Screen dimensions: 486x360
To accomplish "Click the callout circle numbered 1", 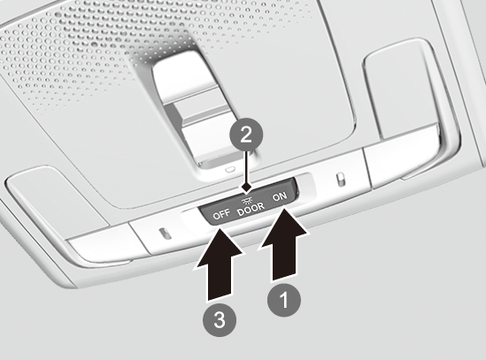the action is click(x=284, y=300).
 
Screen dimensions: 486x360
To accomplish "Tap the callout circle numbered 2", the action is click(x=246, y=135).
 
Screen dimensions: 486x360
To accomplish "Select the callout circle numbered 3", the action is click(x=220, y=319).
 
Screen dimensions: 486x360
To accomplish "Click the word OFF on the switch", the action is click(x=221, y=214).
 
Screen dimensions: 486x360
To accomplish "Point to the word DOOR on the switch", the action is click(x=251, y=209).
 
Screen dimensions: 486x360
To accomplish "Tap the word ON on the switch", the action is click(x=280, y=197).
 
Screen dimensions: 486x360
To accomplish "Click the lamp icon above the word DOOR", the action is click(x=248, y=201).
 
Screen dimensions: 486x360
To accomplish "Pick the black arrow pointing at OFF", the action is click(x=220, y=264).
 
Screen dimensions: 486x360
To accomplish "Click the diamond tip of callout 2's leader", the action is click(x=246, y=188).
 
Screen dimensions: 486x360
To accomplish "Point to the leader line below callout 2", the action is click(x=246, y=167).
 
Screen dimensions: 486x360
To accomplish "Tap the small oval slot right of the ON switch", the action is click(x=340, y=180).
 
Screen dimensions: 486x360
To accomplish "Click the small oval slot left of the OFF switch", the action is click(x=165, y=234).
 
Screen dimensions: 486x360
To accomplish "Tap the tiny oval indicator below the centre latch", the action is click(x=230, y=170).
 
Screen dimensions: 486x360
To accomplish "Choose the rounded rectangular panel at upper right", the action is click(x=398, y=89).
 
